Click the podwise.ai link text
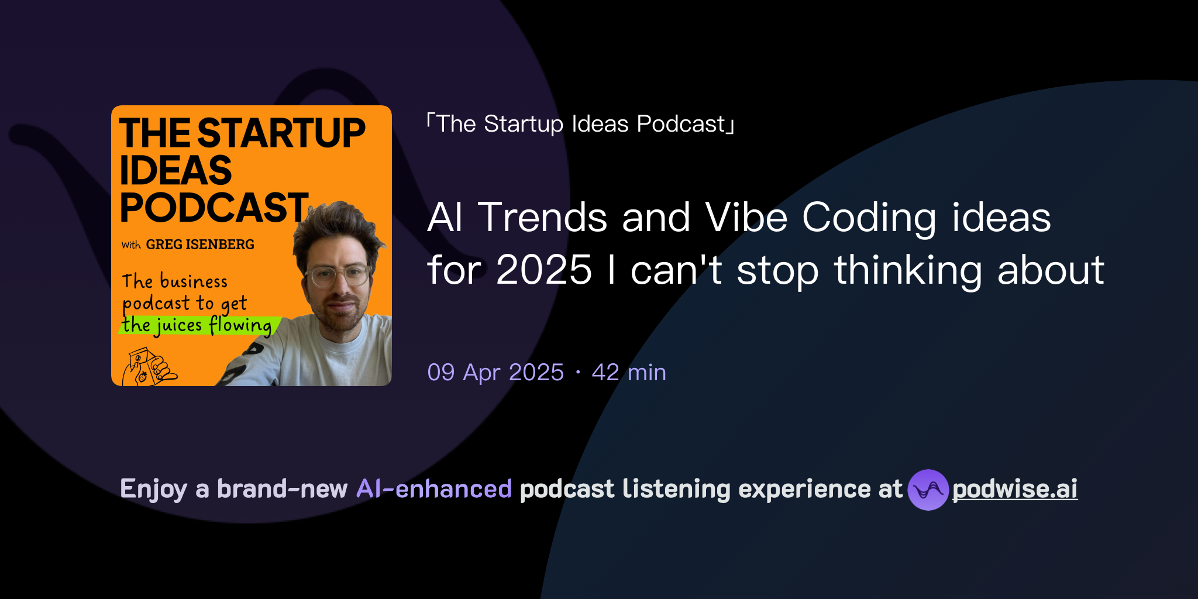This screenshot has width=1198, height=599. pyautogui.click(x=1015, y=489)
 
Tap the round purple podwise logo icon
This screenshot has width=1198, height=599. pyautogui.click(x=928, y=490)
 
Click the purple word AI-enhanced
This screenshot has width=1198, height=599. pyautogui.click(x=434, y=489)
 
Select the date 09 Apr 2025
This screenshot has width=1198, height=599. pyautogui.click(x=495, y=373)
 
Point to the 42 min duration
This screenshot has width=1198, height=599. pyautogui.click(x=629, y=373)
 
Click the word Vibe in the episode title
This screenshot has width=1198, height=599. pyautogui.click(x=746, y=218)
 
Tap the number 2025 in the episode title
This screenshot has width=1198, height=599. pyautogui.click(x=544, y=270)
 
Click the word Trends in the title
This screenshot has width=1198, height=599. pyautogui.click(x=542, y=218)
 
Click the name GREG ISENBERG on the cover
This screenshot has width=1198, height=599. pyautogui.click(x=200, y=245)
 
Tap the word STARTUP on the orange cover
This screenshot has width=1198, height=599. pyautogui.click(x=281, y=133)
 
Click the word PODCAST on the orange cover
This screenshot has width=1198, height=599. pyautogui.click(x=214, y=208)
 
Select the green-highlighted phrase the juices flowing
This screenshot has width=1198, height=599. pyautogui.click(x=197, y=325)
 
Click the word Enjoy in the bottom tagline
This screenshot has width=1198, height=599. pyautogui.click(x=153, y=489)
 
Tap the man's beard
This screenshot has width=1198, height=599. pyautogui.click(x=339, y=316)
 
